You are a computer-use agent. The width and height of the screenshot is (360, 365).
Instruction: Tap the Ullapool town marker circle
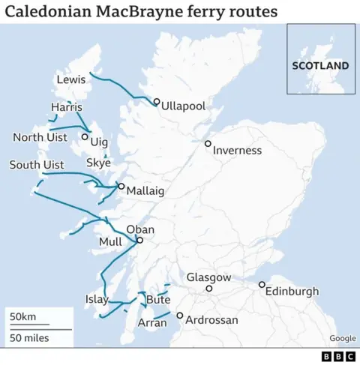pos(157,102)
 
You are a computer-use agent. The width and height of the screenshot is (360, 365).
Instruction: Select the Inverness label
pos(237,151)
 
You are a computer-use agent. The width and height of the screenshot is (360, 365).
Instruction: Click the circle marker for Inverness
pos(208,143)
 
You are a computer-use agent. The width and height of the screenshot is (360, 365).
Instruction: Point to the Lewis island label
pos(71,79)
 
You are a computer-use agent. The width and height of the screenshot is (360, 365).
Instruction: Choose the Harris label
pos(66,108)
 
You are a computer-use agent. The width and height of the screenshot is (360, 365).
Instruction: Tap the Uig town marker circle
pos(85,137)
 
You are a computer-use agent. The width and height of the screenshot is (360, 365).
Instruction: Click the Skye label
pos(98,163)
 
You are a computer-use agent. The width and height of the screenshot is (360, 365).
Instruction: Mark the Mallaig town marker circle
pos(121,187)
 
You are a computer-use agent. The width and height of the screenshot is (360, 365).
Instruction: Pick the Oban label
pos(140,229)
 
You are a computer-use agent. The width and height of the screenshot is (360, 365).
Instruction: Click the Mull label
pos(110,243)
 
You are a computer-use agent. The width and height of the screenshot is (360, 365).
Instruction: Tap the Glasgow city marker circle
pos(209,288)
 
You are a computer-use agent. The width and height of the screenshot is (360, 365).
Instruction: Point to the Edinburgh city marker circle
pos(262,284)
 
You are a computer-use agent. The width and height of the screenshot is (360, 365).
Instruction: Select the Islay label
pos(97,300)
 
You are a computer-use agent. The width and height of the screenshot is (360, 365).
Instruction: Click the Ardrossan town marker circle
pos(179,316)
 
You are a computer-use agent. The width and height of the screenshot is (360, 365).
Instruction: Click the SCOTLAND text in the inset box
pos(320,66)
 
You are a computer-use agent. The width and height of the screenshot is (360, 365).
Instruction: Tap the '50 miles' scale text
pos(29,338)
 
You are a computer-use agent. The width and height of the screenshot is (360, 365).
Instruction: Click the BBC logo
pos(337,357)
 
